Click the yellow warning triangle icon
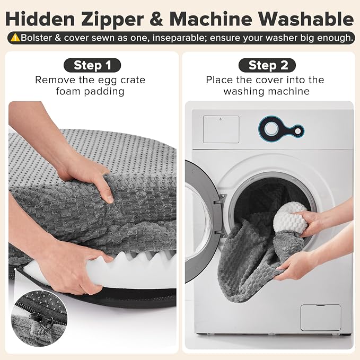pos(15,38)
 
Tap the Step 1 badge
pos(92,65)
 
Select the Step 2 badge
pos(267,65)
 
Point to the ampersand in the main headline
pos(157,19)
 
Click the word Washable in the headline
pos(306,19)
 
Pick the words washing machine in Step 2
pos(267,91)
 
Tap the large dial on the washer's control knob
pos(271,129)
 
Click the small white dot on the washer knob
pos(298,131)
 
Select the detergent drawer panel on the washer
pos(221,129)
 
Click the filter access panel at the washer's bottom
pos(321,318)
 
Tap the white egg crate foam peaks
pos(142,258)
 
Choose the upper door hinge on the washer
pos(220,199)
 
